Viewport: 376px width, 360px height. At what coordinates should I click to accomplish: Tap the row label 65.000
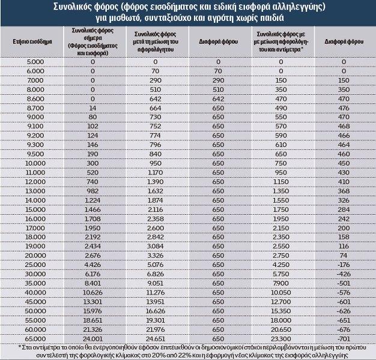35,338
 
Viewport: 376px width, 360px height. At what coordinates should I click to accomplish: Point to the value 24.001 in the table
92,338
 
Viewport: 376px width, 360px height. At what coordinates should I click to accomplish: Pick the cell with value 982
92,191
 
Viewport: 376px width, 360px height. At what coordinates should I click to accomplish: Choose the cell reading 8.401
92,283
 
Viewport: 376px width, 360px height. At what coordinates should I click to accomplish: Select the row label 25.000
35,264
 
